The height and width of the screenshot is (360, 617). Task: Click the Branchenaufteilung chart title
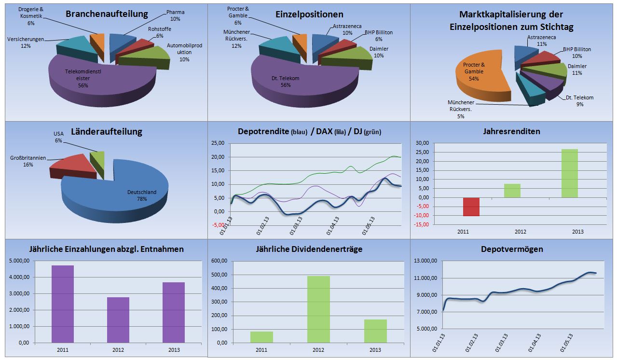tap(107, 14)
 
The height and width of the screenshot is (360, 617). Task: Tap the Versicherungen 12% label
tap(26, 42)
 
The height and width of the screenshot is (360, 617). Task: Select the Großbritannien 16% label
tap(28, 161)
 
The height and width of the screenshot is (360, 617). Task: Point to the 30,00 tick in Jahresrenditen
tap(422, 143)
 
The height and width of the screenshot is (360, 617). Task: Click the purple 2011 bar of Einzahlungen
tap(63, 304)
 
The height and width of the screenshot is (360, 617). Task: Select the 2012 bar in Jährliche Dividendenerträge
tap(318, 309)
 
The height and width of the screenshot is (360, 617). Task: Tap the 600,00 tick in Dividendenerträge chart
tap(220, 261)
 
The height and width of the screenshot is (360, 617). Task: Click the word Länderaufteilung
tap(107, 132)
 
